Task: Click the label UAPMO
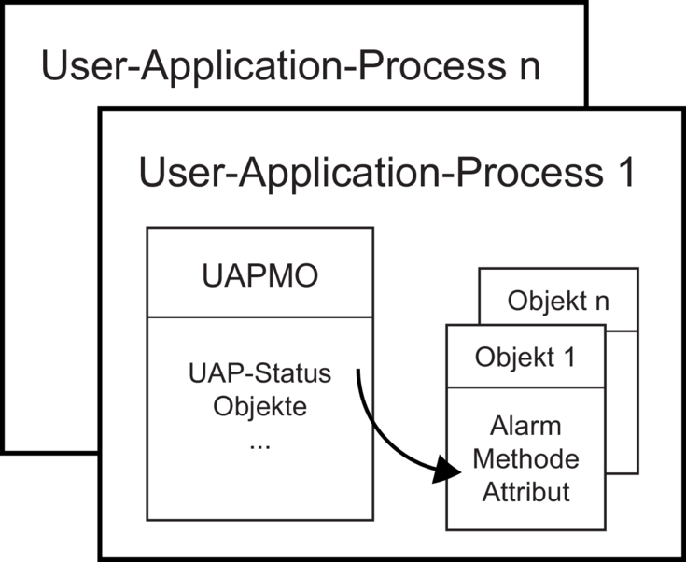click(x=259, y=276)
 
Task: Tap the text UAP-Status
click(x=259, y=374)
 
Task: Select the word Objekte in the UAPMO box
click(x=259, y=407)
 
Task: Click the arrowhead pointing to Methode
click(x=447, y=471)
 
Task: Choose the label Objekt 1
click(x=525, y=358)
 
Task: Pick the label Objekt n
click(x=558, y=302)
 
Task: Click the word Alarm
click(x=525, y=426)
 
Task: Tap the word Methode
click(x=525, y=459)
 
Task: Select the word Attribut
click(x=525, y=492)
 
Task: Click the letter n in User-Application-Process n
click(x=530, y=69)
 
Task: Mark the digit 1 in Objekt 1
click(x=569, y=358)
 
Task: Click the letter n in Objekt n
click(x=603, y=303)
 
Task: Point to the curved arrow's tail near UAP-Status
click(x=357, y=371)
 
